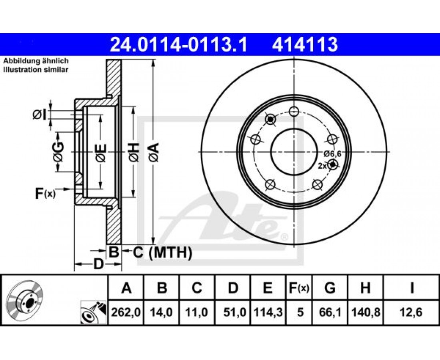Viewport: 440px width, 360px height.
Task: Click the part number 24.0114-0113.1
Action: pyautogui.click(x=179, y=45)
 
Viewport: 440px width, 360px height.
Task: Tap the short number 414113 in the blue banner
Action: pyautogui.click(x=304, y=45)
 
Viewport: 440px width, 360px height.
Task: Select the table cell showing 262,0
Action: pyautogui.click(x=126, y=312)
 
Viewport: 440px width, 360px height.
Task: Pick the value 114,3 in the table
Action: pyautogui.click(x=268, y=312)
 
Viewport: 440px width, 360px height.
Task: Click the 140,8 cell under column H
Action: pyautogui.click(x=365, y=312)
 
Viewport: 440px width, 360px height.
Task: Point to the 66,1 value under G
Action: pyautogui.click(x=330, y=312)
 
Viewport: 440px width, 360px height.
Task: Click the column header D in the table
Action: pyautogui.click(x=233, y=288)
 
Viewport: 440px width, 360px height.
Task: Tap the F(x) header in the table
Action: pyautogui.click(x=298, y=288)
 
